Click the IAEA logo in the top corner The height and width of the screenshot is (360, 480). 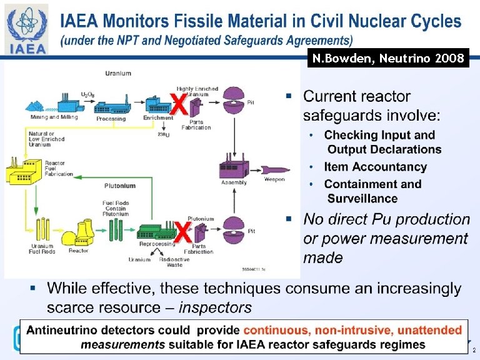(x=27, y=29)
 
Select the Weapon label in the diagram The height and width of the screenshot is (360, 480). (x=274, y=179)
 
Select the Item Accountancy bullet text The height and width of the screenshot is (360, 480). (x=375, y=167)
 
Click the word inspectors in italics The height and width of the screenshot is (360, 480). (x=215, y=307)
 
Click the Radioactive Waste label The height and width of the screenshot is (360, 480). (x=174, y=262)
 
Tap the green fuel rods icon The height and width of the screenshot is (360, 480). (x=116, y=230)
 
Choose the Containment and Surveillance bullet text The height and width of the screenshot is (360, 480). (x=372, y=191)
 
